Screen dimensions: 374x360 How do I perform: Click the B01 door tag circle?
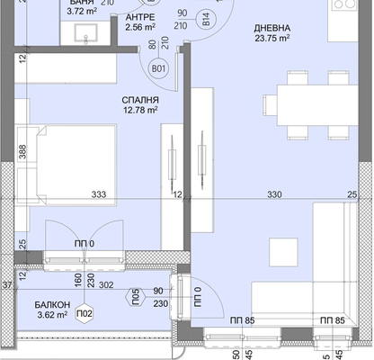coord(158,68)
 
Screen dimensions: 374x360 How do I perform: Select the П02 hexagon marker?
coord(85,314)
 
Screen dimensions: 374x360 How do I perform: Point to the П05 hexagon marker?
coord(136,297)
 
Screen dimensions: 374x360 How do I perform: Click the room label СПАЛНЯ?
coord(140,100)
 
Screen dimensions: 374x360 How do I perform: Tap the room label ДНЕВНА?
coord(272,28)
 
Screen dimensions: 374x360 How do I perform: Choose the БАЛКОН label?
coord(52,305)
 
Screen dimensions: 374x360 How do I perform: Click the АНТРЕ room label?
coord(140,17)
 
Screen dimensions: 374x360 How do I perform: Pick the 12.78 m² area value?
coord(140,110)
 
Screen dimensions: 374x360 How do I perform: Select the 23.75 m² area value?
coord(272,39)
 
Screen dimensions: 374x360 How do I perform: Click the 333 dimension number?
coord(99,194)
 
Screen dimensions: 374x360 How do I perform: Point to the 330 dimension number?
coord(274,194)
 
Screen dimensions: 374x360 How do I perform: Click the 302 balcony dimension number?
coord(106,284)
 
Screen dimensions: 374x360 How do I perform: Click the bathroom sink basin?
coord(85,33)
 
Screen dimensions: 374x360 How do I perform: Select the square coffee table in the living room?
coord(283,252)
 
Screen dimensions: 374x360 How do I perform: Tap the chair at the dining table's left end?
coord(270,105)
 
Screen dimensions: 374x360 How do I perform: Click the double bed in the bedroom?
coord(76,165)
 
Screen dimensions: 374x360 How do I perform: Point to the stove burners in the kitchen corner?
coord(343,4)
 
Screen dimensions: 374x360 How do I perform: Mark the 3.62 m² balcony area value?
coord(52,315)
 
